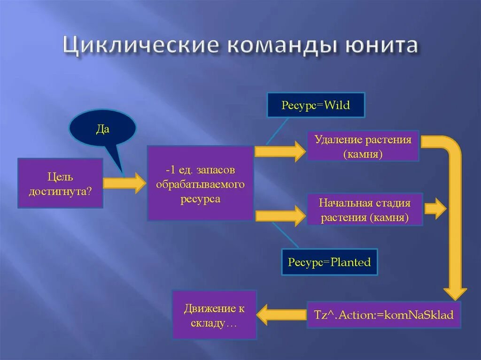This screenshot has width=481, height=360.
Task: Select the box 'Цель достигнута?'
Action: [60, 183]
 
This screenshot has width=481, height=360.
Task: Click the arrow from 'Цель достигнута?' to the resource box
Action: [124, 183]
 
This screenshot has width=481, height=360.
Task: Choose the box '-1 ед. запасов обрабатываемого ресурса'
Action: [201, 184]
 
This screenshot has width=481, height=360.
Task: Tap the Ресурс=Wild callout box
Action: [316, 105]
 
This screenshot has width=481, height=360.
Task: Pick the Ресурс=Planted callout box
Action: [329, 262]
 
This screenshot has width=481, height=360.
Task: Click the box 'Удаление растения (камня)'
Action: [363, 146]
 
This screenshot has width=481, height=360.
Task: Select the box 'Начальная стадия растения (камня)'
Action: [365, 210]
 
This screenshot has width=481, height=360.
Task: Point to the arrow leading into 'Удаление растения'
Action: [280, 151]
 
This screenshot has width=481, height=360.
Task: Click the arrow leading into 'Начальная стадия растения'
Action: [280, 215]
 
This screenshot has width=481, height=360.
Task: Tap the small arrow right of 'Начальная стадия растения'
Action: [435, 209]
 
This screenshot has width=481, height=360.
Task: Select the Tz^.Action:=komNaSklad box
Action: [384, 314]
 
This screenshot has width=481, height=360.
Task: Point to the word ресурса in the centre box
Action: [201, 199]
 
